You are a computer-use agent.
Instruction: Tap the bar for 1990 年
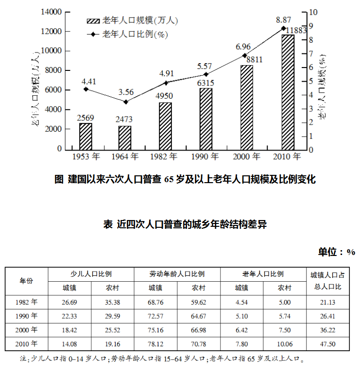206,119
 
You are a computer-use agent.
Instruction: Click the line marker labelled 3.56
126,102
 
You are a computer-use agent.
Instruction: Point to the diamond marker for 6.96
245,55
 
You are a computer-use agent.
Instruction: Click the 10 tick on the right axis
313,12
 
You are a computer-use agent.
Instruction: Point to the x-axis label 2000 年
246,157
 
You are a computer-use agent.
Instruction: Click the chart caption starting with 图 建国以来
185,180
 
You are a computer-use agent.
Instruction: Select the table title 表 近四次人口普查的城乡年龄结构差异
185,225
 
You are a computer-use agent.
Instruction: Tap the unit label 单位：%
336,252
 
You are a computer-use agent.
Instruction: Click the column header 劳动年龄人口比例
177,274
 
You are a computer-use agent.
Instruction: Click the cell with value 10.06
284,344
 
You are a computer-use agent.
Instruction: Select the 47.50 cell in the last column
329,344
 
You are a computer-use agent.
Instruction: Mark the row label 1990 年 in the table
26,316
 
